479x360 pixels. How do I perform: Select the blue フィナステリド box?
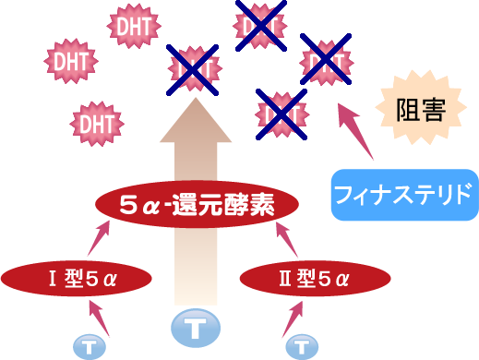point(404,195)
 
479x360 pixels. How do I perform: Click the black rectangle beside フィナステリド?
point(320,194)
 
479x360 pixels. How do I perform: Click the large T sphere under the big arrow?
point(195,327)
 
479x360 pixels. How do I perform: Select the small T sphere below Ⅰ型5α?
point(90,346)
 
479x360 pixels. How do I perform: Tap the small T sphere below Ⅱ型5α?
point(301,347)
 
